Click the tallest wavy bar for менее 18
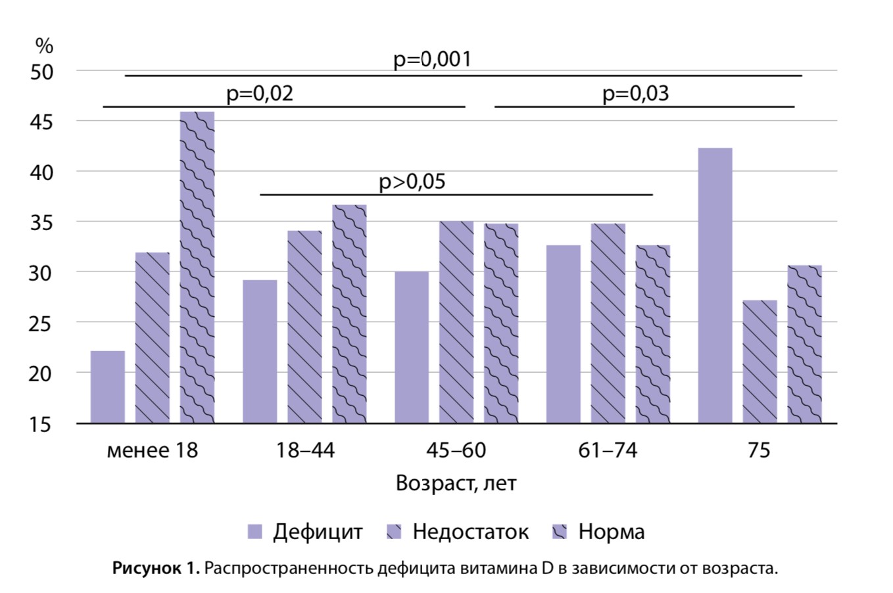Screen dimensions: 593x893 point(197,267)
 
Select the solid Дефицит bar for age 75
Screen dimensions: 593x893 point(715,285)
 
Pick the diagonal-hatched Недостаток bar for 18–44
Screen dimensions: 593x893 point(304,327)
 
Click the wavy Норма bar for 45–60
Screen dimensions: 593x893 point(501,323)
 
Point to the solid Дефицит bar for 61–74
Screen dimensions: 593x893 point(564,334)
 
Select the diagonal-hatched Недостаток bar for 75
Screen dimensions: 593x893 point(760,362)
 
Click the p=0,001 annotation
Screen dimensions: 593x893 point(433,59)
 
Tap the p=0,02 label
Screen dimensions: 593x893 point(260,94)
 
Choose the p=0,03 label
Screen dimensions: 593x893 point(635,94)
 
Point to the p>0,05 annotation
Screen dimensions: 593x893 point(412,181)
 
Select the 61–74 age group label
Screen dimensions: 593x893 point(608,451)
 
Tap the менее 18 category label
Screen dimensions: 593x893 point(152,451)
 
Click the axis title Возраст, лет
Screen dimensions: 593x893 point(456,484)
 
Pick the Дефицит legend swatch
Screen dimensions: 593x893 point(254,532)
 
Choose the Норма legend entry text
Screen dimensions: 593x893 point(612,532)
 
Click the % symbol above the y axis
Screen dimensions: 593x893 point(44,46)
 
